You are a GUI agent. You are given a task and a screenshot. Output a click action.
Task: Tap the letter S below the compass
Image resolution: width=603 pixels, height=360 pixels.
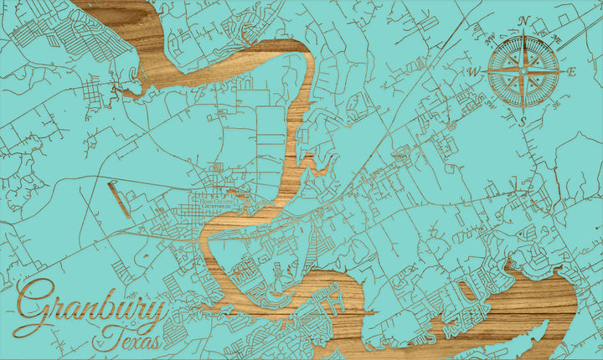tap(523, 122)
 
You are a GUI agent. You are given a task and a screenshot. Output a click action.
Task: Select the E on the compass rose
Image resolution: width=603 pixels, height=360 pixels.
tap(572, 72)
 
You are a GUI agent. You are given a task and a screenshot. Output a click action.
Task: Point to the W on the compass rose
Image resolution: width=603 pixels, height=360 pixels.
tap(473, 72)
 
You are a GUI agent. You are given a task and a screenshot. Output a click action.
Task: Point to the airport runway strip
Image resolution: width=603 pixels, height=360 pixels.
tap(120, 200)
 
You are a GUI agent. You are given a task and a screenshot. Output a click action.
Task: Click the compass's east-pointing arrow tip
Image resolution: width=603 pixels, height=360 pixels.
tap(564, 72)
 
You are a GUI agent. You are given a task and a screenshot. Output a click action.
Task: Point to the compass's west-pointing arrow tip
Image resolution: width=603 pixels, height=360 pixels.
tap(483, 72)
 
